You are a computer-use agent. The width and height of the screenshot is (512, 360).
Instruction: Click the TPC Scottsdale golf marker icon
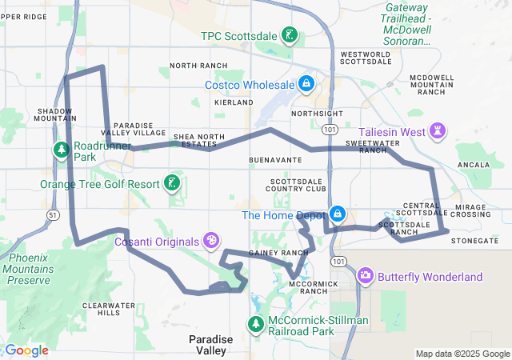290,35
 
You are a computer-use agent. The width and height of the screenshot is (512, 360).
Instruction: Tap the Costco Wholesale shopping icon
306,83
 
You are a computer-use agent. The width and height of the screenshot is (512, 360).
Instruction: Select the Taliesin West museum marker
438,130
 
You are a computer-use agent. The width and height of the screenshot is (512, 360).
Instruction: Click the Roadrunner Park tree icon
62,150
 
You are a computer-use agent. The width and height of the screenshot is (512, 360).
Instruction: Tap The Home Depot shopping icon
338,214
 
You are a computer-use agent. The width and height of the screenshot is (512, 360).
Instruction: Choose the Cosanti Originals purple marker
210,239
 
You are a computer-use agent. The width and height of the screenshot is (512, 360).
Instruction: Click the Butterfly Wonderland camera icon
366,276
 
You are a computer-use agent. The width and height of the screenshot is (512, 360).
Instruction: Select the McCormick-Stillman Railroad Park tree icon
255,324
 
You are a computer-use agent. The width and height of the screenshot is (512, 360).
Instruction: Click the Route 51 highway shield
53,215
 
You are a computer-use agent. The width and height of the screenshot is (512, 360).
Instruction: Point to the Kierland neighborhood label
234,104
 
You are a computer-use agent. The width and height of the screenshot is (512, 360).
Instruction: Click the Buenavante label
275,160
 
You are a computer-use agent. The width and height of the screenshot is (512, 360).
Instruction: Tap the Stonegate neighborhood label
474,240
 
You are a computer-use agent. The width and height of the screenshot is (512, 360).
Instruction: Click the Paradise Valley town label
211,345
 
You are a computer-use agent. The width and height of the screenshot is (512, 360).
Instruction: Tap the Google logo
26,350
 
